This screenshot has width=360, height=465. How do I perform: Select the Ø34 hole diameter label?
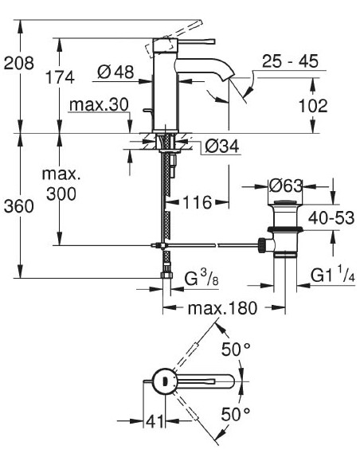coord(218,147)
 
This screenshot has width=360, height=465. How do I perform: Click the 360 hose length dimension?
coord(18,207)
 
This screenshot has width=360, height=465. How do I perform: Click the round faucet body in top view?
coord(163,381)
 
